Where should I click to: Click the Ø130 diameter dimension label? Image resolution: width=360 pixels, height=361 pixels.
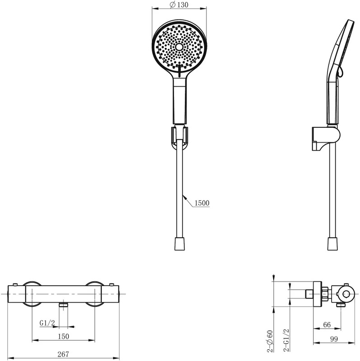[x=179, y=5]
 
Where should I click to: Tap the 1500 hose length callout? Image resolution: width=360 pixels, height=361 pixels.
[x=202, y=203]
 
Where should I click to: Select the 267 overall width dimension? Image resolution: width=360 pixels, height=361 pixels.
[x=63, y=354]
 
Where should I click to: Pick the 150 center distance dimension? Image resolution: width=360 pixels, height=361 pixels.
[x=63, y=336]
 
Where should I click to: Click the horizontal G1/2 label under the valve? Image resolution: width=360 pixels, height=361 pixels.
[x=47, y=323]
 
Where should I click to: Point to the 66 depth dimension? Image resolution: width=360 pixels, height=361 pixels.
[x=327, y=324]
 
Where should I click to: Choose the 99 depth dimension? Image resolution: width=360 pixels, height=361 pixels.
[x=334, y=339]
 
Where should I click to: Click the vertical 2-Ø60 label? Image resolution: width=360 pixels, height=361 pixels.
[x=270, y=341]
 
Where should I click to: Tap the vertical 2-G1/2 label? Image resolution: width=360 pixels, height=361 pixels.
[x=286, y=340]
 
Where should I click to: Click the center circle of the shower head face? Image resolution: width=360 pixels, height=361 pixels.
[x=179, y=47]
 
